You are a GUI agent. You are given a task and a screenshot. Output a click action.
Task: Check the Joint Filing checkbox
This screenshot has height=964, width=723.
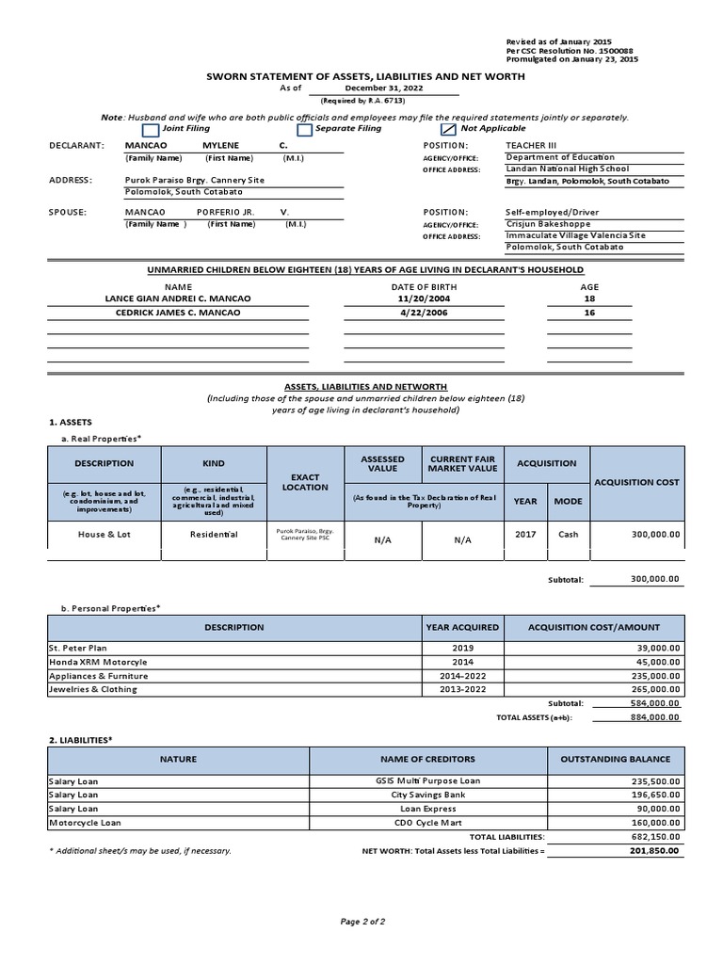(150, 129)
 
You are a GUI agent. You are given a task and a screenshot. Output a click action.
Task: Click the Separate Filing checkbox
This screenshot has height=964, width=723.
(304, 129)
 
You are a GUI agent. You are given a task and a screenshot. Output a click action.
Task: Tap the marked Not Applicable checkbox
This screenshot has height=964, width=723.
(448, 129)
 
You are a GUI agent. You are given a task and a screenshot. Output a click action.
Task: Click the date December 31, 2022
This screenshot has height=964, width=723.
(384, 88)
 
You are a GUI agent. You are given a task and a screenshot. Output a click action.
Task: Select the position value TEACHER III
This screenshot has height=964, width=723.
(532, 146)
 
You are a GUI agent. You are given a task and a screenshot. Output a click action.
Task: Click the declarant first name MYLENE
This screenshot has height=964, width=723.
(221, 146)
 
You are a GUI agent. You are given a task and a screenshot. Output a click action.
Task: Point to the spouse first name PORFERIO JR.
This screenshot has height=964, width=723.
(226, 213)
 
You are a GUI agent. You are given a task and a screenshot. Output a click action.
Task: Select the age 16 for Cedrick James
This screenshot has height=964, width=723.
(589, 313)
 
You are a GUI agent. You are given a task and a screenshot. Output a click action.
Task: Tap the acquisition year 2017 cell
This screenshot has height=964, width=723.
(525, 534)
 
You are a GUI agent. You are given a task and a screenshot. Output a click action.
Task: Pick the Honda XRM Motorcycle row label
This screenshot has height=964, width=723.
(98, 662)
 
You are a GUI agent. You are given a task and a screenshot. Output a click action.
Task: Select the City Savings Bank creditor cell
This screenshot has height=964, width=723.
(426, 795)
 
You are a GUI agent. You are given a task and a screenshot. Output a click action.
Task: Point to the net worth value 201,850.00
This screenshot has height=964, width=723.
(654, 850)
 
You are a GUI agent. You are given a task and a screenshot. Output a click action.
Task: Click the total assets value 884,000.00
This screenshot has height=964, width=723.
(654, 716)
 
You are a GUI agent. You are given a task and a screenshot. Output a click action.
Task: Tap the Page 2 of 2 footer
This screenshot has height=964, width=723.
(362, 921)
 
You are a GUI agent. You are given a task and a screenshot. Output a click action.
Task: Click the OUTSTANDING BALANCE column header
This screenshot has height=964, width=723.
(616, 759)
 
